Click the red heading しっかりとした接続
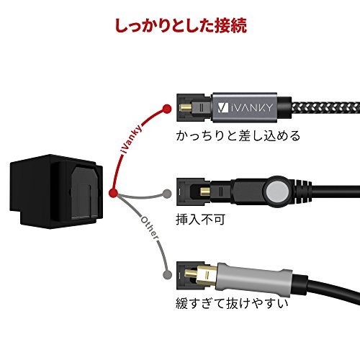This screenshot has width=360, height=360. [181, 25]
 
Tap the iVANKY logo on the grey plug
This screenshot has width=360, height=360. [245, 107]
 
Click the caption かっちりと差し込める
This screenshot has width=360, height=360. [238, 135]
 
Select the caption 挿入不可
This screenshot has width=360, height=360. [200, 219]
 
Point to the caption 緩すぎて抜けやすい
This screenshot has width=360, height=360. [232, 303]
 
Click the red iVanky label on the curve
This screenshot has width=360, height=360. [132, 139]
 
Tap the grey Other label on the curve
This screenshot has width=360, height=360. [150, 228]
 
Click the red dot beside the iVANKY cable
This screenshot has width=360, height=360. [167, 109]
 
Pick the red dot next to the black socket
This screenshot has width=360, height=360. [113, 193]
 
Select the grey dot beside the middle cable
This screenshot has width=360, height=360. [167, 194]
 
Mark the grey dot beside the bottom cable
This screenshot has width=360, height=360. [167, 274]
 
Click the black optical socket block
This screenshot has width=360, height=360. [57, 192]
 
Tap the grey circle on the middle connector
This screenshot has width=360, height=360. [277, 192]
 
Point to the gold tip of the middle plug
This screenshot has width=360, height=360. [205, 192]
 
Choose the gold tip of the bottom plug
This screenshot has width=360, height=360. [192, 273]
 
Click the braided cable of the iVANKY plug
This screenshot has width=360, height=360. [325, 108]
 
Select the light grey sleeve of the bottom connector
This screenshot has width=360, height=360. [254, 276]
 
